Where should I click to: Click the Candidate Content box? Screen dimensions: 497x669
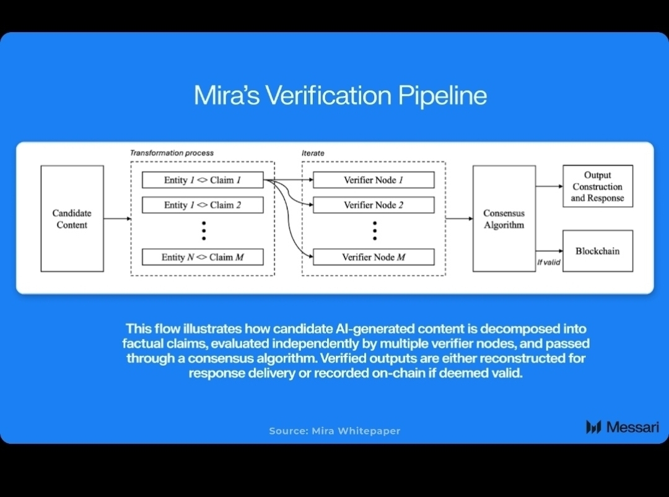coord(72,218)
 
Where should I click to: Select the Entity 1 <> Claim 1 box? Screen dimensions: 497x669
coord(203,180)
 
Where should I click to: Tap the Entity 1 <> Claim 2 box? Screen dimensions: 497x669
coord(203,205)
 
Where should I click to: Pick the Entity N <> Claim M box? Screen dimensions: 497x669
coord(203,257)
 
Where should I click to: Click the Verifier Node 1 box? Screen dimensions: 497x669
coord(374,180)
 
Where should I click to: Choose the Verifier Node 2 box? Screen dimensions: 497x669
coord(374,205)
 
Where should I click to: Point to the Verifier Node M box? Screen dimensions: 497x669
coord(374,257)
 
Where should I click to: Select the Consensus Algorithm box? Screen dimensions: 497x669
coord(504,218)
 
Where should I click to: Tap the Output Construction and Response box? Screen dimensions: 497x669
coord(597,186)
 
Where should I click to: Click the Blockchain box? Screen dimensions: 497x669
coord(597,251)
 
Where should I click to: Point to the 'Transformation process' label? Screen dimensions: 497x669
coord(172,153)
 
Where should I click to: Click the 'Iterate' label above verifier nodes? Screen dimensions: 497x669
coord(313,153)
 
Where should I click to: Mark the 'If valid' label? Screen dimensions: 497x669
coord(548,262)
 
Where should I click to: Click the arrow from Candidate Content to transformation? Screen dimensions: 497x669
coord(117,218)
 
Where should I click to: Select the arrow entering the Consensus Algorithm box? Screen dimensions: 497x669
coord(459,218)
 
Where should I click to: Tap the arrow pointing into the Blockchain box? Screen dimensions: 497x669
coord(549,251)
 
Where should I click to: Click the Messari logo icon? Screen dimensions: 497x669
coord(593,426)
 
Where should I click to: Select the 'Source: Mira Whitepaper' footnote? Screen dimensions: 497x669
coord(334,431)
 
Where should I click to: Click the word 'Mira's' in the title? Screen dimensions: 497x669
coord(226,96)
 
